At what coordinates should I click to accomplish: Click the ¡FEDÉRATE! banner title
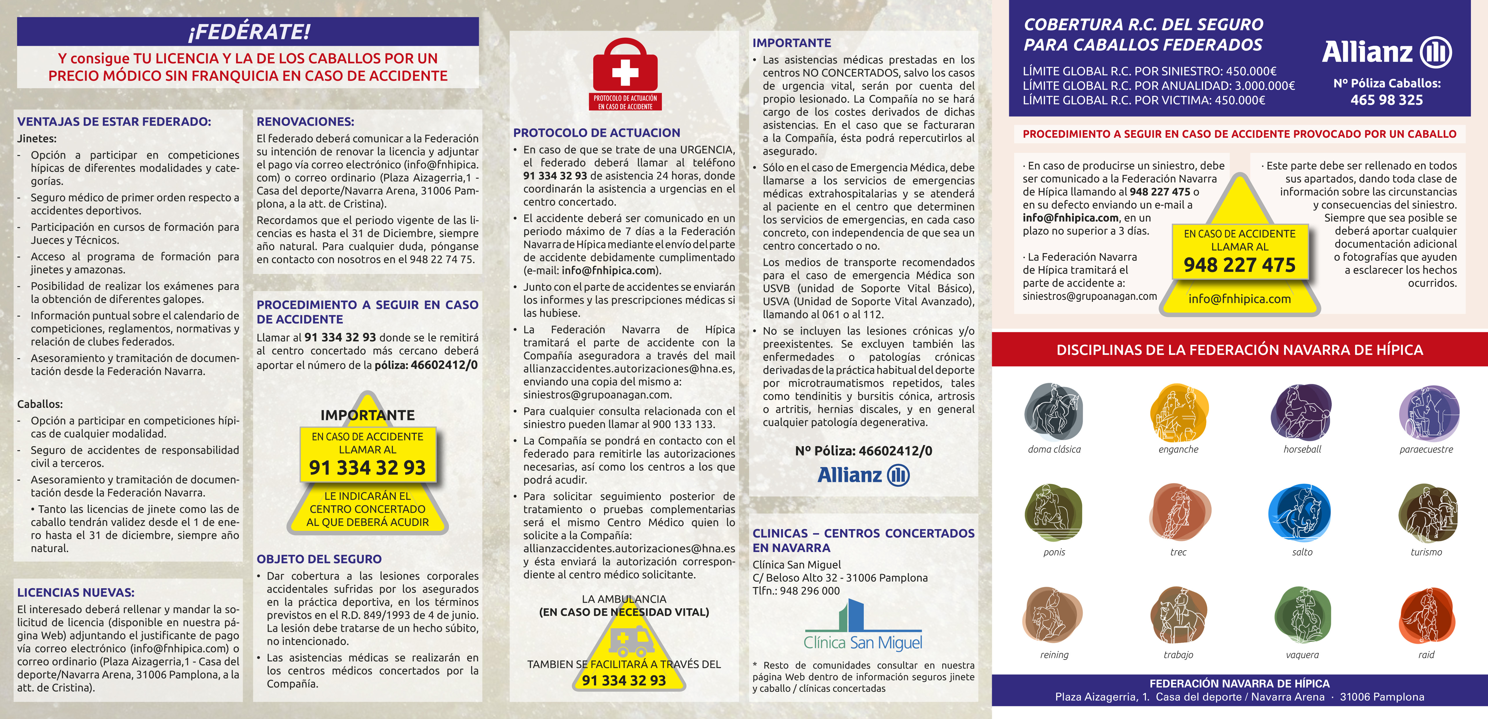(x=248, y=31)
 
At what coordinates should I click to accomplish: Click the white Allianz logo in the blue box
(x=1386, y=52)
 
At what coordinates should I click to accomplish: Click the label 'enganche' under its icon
(x=1178, y=449)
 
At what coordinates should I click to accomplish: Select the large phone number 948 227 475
(x=1240, y=265)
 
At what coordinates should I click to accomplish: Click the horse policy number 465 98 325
(x=1386, y=100)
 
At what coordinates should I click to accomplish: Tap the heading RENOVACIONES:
(x=305, y=121)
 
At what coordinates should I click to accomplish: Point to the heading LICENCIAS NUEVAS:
(x=76, y=592)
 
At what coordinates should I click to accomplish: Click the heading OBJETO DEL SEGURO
(x=319, y=559)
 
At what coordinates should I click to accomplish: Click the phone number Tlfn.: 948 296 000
(x=796, y=591)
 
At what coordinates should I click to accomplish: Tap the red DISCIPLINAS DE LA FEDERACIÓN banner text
(x=1240, y=350)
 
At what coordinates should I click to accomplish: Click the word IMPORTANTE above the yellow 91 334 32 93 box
(x=367, y=415)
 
